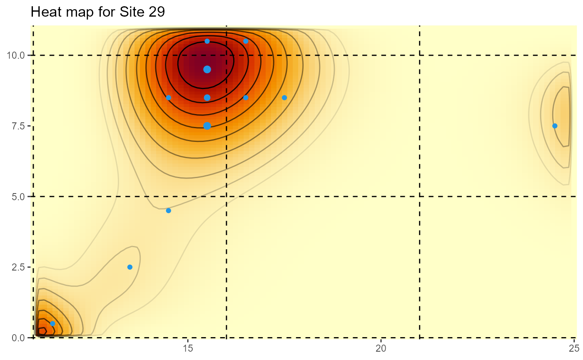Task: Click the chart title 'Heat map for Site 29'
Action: click(x=98, y=12)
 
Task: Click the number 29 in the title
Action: click(x=157, y=12)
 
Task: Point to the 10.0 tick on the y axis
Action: click(x=16, y=55)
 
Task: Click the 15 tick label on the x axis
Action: click(x=188, y=349)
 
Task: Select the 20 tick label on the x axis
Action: click(x=381, y=349)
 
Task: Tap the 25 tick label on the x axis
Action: click(x=574, y=349)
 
